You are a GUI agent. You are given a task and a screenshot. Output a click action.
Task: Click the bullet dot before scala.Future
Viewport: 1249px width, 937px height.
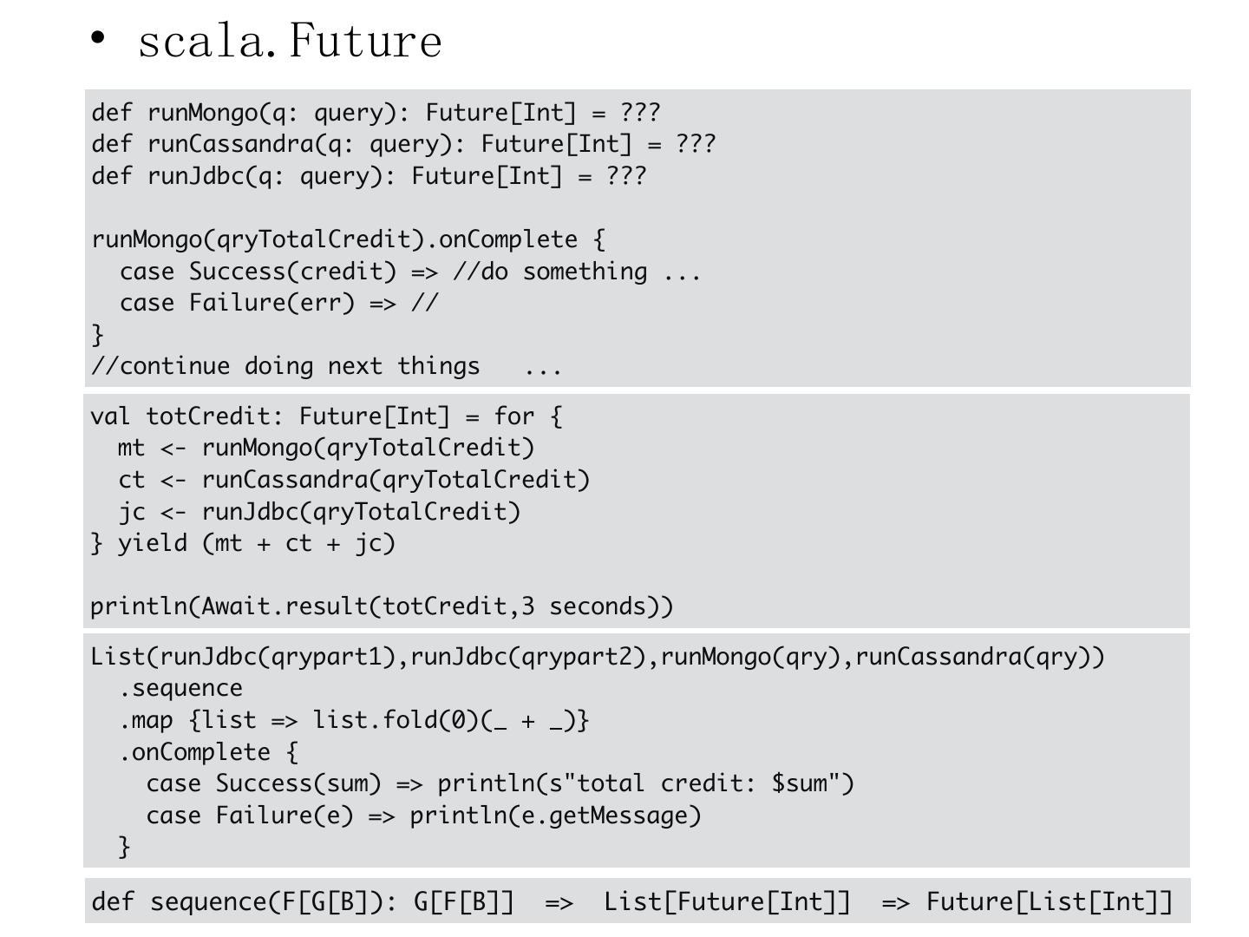click(x=98, y=38)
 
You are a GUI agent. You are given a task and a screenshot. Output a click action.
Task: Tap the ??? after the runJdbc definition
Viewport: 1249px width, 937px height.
click(x=626, y=176)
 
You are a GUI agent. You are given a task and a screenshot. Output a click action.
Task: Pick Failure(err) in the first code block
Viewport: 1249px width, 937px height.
click(x=272, y=303)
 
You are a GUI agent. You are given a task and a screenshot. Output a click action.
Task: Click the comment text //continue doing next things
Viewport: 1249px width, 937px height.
click(x=286, y=366)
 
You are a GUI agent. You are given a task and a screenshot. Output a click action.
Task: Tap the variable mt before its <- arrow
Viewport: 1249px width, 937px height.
click(x=131, y=448)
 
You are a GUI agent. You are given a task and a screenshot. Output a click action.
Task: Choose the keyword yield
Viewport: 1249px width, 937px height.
click(x=153, y=543)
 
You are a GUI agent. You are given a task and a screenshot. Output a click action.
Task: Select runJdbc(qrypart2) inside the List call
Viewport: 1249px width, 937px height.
click(x=533, y=657)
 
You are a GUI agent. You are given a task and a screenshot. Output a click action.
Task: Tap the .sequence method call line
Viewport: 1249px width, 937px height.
click(x=181, y=689)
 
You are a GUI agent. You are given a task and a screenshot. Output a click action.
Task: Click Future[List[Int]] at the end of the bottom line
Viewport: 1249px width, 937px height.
click(x=1049, y=902)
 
